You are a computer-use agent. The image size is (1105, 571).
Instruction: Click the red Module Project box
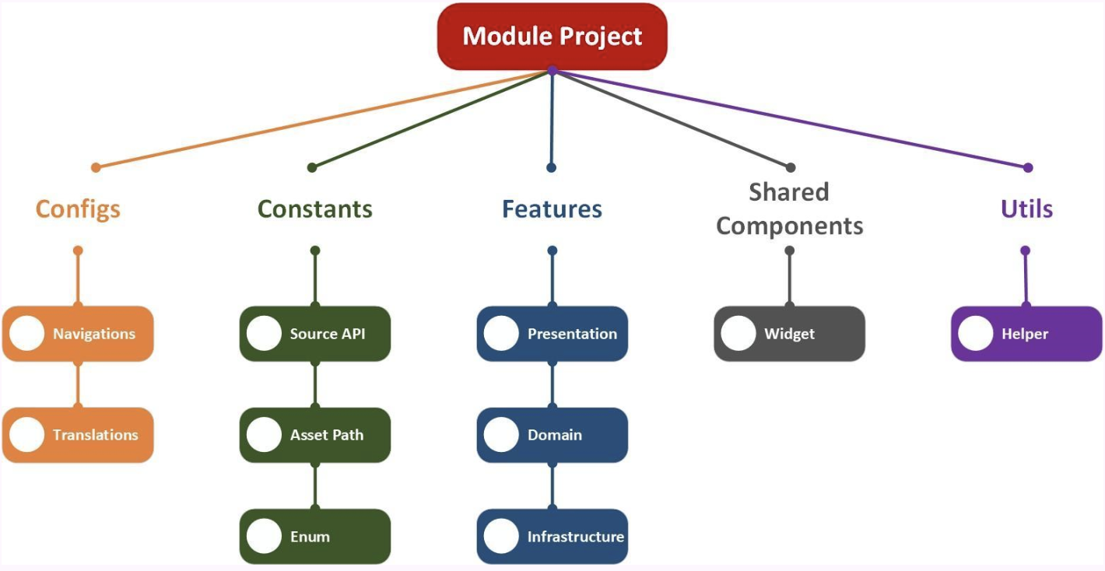click(552, 37)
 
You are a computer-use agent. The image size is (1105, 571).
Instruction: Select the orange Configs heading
click(78, 209)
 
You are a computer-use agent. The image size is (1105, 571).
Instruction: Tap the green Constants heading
click(315, 209)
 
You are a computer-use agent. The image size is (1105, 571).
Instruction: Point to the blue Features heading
click(552, 209)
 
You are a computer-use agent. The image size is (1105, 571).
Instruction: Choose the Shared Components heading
click(789, 208)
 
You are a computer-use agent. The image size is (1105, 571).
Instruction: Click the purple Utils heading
click(1026, 209)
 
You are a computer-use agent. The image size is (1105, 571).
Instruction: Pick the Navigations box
click(78, 334)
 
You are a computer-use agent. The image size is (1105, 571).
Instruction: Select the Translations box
click(78, 435)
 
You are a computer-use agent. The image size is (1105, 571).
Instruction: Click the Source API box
click(315, 334)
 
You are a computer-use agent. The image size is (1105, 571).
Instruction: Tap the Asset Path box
click(315, 435)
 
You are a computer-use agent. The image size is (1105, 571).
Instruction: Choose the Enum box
click(315, 537)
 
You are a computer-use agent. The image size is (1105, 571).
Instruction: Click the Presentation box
click(552, 334)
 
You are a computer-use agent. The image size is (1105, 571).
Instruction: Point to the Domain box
click(552, 435)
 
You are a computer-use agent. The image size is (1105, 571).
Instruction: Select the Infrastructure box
click(552, 537)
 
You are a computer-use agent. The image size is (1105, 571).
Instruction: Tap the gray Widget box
click(789, 334)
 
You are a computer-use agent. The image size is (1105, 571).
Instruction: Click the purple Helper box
click(1026, 334)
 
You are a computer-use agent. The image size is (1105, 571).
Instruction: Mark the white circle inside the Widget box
click(738, 334)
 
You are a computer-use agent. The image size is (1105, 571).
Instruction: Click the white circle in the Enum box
click(264, 537)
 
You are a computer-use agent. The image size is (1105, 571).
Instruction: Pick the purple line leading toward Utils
click(790, 118)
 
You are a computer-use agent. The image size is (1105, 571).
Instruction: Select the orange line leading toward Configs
click(323, 118)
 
